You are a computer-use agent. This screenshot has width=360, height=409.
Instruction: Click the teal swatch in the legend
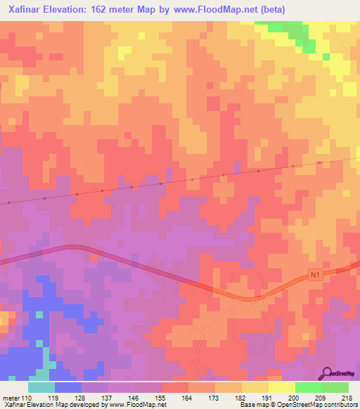click(x=41, y=388)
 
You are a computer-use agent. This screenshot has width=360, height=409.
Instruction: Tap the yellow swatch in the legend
click(x=281, y=388)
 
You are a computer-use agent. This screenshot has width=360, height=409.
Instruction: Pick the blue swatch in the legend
click(x=68, y=388)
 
